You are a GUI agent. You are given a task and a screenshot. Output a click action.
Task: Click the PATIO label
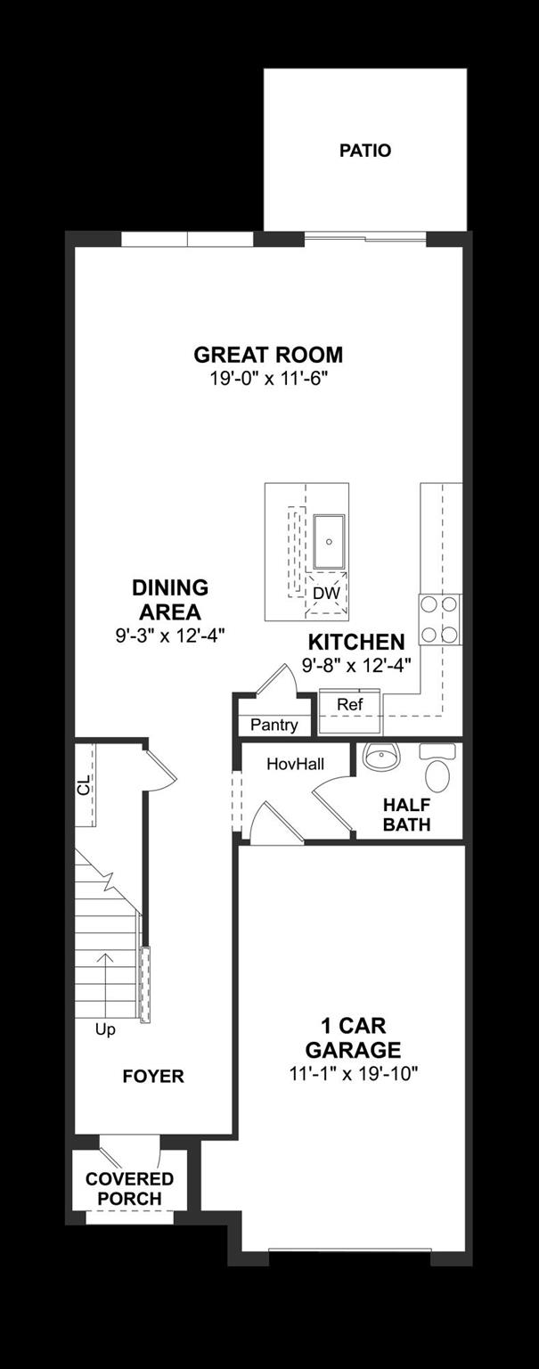(x=364, y=151)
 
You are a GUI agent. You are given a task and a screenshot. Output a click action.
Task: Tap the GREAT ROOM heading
(x=268, y=355)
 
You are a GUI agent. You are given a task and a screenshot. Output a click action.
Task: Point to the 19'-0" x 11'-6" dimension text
(x=268, y=378)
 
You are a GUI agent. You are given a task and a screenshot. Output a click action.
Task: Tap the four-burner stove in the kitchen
(x=440, y=619)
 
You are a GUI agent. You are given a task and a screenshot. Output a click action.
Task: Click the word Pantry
(x=274, y=725)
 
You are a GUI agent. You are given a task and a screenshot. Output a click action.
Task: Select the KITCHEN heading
(x=356, y=642)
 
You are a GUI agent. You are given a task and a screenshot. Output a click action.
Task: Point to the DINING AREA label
(x=170, y=600)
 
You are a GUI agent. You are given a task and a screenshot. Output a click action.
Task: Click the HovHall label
(x=295, y=764)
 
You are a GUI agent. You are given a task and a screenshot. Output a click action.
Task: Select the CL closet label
(x=84, y=785)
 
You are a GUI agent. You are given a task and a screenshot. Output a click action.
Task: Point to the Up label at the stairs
(x=105, y=1029)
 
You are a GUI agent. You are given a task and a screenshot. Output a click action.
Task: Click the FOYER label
(x=153, y=1077)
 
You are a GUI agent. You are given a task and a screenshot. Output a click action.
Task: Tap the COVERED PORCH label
(x=129, y=1189)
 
